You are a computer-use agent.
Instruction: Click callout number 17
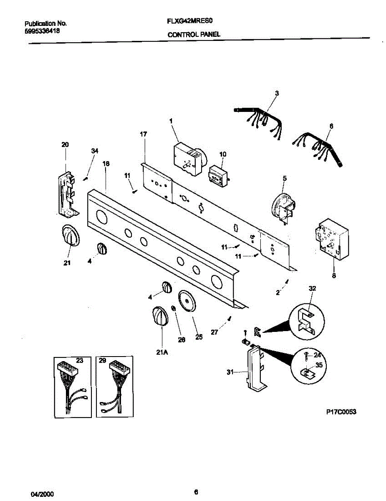point(144,134)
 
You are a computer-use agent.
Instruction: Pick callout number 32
point(312,288)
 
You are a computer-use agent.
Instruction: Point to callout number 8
point(334,275)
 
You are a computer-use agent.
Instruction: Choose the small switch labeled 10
point(218,175)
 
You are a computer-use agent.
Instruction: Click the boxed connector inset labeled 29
point(115,386)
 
